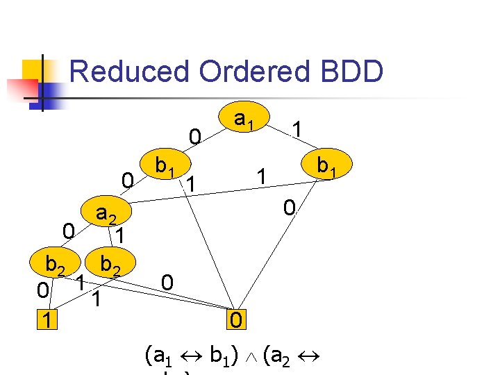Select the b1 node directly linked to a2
[165, 166]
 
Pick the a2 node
[106, 215]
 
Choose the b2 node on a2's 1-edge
[111, 265]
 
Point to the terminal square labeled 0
[236, 321]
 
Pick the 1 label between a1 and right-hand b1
[297, 130]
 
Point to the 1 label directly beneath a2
[119, 236]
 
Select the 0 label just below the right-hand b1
[290, 207]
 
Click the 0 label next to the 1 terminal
[43, 291]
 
